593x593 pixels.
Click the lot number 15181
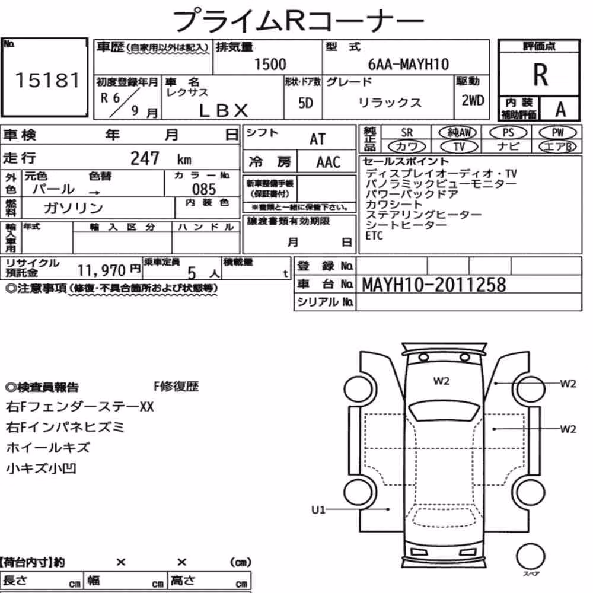47,80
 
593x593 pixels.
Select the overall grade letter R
540,75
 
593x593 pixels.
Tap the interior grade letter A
560,110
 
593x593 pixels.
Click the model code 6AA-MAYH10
409,64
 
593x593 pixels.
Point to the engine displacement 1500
270,64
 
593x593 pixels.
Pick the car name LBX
224,110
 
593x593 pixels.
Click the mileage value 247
145,158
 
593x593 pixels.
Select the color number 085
204,189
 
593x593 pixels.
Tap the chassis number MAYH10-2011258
434,285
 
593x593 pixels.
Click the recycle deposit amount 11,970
101,270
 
